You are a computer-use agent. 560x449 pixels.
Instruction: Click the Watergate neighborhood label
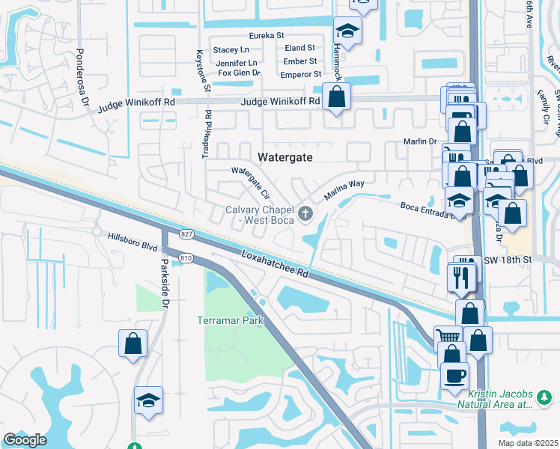[284, 157]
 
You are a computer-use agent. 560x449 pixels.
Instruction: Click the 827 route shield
[186, 235]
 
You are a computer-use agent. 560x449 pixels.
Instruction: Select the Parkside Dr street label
[164, 277]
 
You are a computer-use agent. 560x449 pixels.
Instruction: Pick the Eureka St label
[267, 35]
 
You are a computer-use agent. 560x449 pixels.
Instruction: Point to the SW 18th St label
[506, 259]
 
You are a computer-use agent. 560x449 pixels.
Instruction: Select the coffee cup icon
[454, 373]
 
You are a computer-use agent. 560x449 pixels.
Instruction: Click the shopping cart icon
[448, 337]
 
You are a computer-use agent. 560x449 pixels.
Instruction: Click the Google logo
[25, 440]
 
